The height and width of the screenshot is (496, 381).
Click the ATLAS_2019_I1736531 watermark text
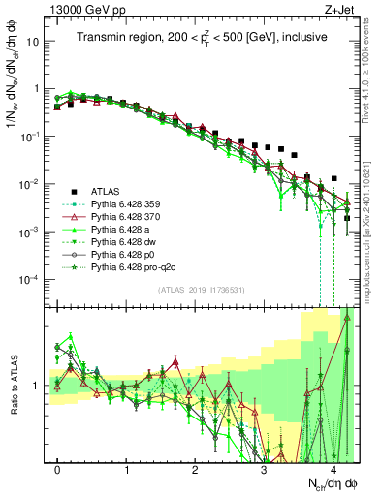203,289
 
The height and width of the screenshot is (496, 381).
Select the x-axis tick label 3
264,470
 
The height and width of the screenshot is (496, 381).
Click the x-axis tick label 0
58,470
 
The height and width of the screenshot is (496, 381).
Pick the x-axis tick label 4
333,470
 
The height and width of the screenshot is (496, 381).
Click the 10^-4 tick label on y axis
30,280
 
